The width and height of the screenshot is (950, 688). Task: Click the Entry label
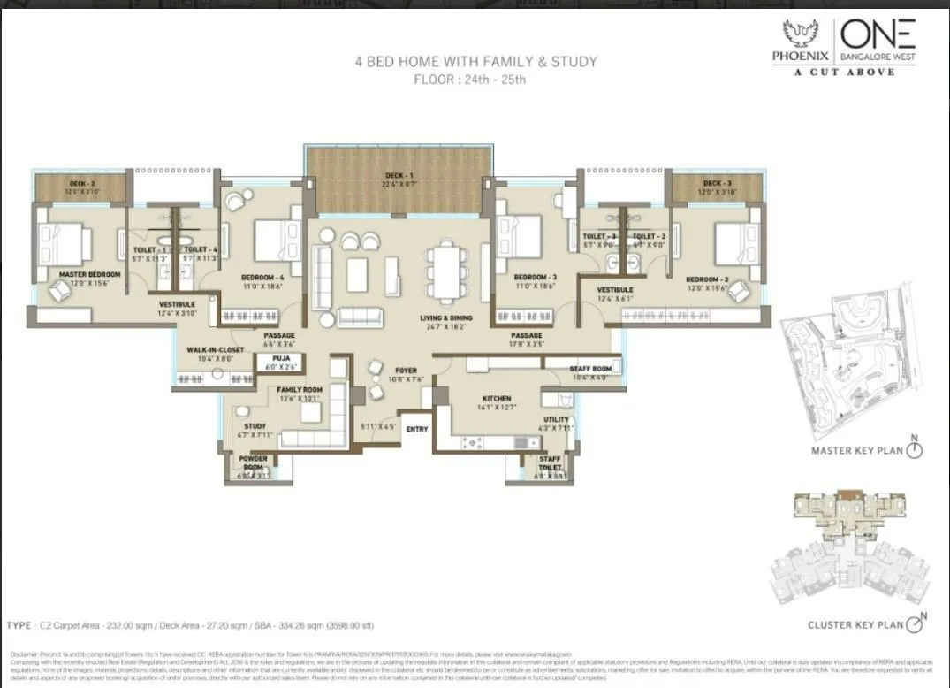click(416, 429)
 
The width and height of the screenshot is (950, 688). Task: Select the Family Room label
click(300, 390)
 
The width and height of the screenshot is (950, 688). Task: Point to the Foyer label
click(406, 371)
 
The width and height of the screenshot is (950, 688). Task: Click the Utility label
click(556, 420)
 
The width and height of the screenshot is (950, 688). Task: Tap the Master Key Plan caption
click(856, 450)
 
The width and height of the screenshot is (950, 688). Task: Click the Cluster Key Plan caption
click(855, 625)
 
